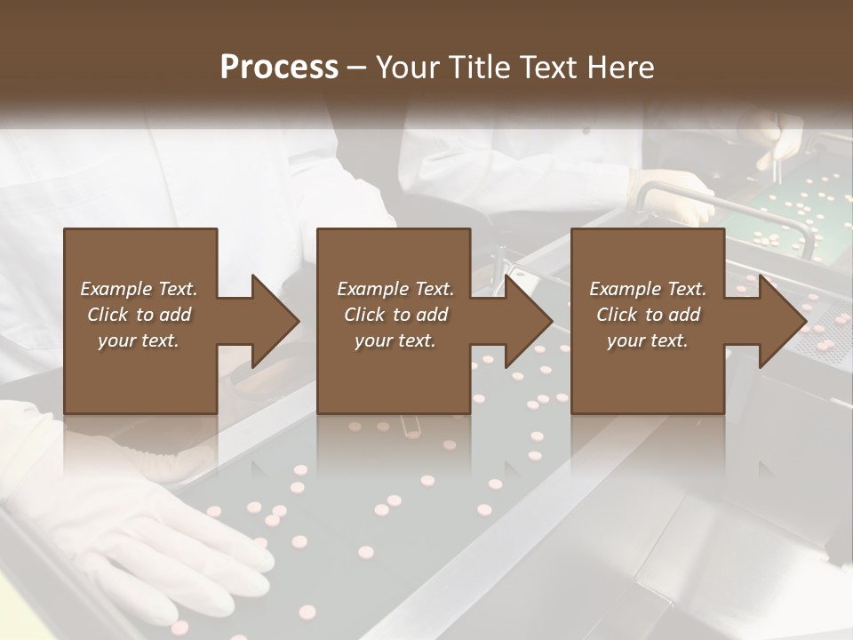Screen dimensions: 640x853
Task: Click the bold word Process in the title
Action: (x=279, y=67)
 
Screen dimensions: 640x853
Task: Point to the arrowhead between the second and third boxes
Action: (x=528, y=321)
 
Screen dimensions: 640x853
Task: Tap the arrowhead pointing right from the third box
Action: (x=782, y=321)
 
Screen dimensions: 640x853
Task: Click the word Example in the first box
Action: (x=116, y=289)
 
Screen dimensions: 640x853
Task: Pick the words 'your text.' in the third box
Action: (x=647, y=340)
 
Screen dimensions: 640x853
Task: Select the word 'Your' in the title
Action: (x=405, y=67)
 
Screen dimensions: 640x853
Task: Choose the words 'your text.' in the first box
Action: (x=138, y=340)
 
